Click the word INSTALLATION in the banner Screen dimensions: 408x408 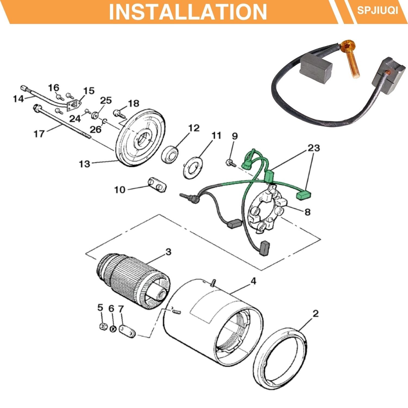pyautogui.click(x=188, y=12)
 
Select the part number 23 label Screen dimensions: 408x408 pyautogui.click(x=314, y=148)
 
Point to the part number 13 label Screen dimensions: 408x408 pyautogui.click(x=84, y=164)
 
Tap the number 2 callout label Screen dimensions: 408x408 pyautogui.click(x=315, y=314)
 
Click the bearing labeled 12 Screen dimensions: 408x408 pyautogui.click(x=171, y=155)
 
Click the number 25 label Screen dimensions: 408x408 pyautogui.click(x=106, y=100)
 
